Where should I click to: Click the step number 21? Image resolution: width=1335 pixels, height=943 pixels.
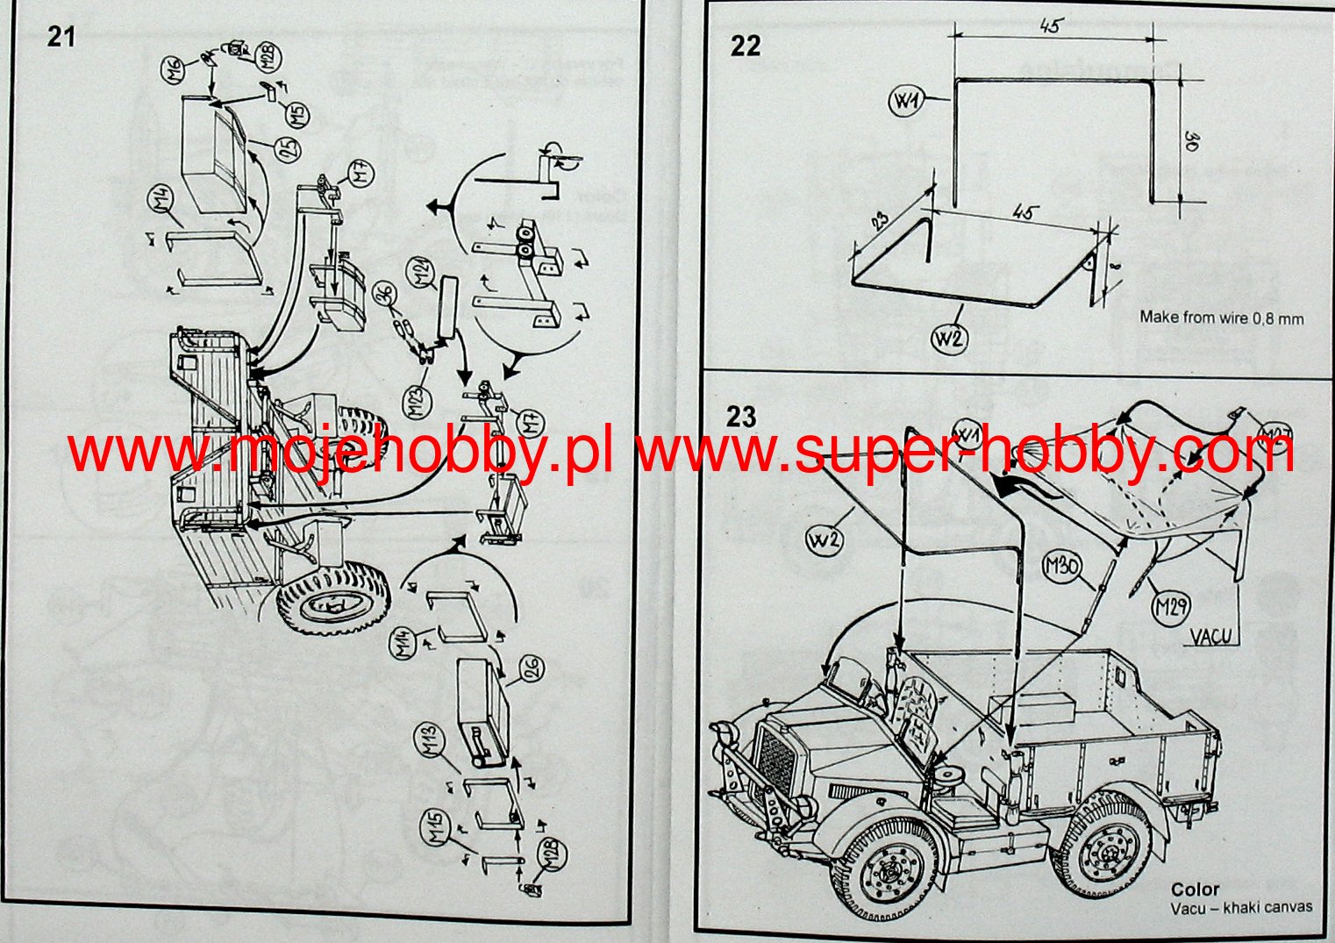click(x=61, y=37)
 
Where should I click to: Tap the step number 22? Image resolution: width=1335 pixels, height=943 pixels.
click(x=745, y=46)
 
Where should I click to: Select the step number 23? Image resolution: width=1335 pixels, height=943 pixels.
click(x=740, y=416)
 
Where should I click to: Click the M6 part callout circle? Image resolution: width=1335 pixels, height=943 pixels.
click(x=173, y=66)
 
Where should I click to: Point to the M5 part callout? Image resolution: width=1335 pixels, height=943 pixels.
click(x=298, y=114)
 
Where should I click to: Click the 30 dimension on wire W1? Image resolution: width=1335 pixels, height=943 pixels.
click(x=1191, y=140)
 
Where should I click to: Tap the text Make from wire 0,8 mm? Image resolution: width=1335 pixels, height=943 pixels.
click(x=1221, y=318)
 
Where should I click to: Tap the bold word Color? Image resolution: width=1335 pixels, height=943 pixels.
click(x=1195, y=889)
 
